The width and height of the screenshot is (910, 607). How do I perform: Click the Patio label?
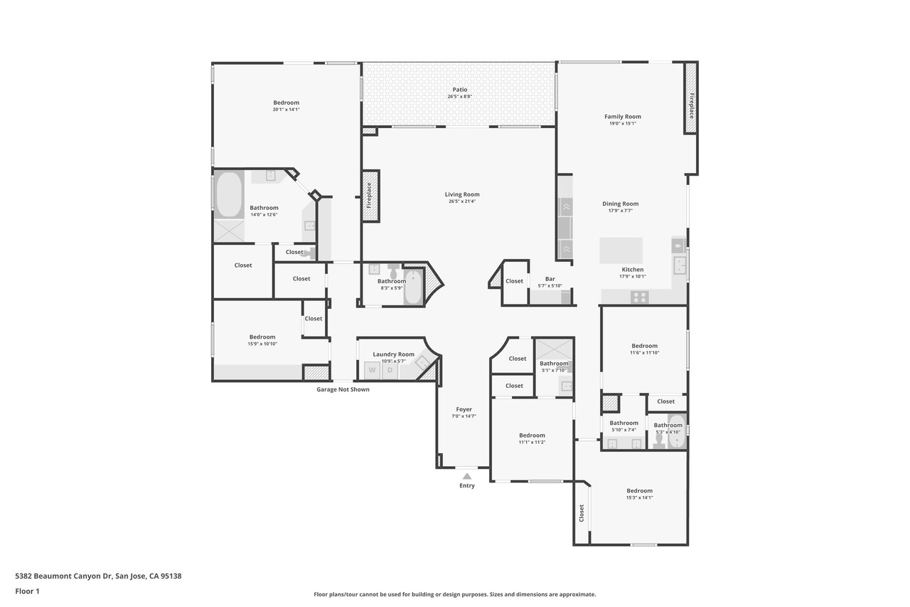click(460, 90)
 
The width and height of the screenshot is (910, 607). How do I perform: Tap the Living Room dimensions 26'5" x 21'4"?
click(462, 201)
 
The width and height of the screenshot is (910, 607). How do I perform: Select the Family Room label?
click(622, 117)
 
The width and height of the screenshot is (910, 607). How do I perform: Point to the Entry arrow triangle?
click(467, 476)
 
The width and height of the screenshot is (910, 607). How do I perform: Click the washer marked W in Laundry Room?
click(372, 370)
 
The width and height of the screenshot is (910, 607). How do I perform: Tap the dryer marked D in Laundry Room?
click(390, 370)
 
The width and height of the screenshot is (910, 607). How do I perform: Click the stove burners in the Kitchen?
click(639, 297)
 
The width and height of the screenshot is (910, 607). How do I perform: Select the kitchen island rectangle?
click(621, 250)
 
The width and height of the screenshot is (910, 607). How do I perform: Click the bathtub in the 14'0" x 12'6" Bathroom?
click(229, 195)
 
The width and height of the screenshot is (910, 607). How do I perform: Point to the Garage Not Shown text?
click(343, 389)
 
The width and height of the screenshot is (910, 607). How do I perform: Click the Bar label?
click(550, 279)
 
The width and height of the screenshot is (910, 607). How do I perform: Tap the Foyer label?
click(464, 409)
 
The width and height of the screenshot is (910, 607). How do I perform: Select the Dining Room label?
click(621, 204)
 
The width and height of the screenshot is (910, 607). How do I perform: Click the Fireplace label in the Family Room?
click(692, 106)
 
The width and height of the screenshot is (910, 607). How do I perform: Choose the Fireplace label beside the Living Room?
click(369, 196)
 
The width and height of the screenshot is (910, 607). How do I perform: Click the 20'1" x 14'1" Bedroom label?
click(286, 103)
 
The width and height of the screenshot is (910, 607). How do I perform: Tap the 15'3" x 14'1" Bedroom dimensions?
click(639, 497)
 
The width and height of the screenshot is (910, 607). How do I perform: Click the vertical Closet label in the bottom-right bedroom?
click(582, 514)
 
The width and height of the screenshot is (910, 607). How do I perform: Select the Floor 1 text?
click(27, 591)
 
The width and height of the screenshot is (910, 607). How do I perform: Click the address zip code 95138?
click(171, 576)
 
